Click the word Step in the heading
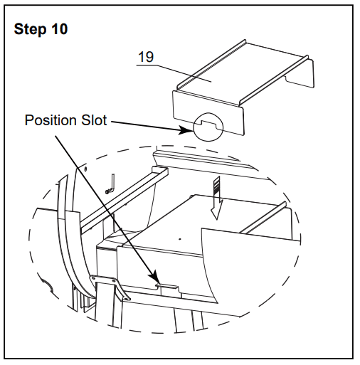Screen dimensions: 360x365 click(30, 29)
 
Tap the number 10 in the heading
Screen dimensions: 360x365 click(59, 29)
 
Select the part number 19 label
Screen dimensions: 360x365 click(146, 57)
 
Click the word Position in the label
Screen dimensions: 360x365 click(51, 120)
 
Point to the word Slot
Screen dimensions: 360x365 click(94, 120)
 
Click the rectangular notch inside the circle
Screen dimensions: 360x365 click(208, 125)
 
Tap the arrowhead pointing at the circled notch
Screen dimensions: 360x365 click(185, 130)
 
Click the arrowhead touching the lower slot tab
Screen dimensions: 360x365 click(154, 277)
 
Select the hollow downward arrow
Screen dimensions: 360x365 click(217, 199)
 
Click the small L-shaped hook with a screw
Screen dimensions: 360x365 click(110, 184)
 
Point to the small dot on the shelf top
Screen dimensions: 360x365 click(180, 239)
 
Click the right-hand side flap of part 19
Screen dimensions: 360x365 click(299, 73)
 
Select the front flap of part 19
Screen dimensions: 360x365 click(208, 113)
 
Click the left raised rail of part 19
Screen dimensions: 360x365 click(212, 64)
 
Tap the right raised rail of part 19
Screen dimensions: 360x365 click(274, 80)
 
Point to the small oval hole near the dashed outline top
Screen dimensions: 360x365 click(85, 169)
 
